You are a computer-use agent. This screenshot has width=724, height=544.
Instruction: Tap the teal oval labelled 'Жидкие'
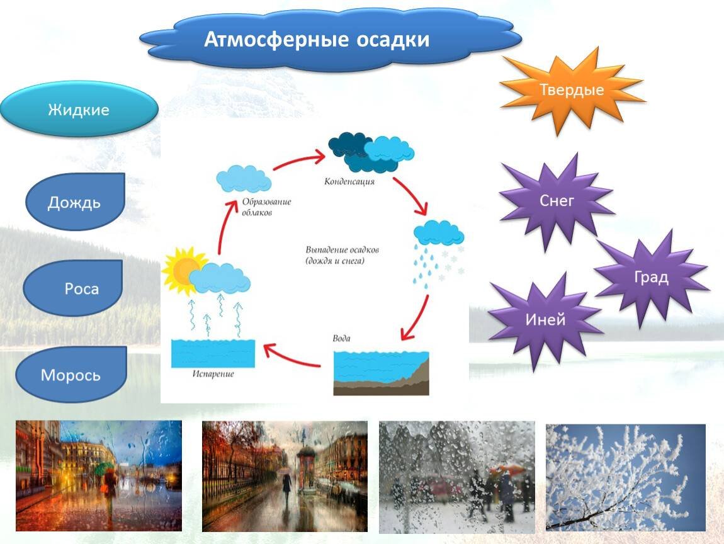(79, 109)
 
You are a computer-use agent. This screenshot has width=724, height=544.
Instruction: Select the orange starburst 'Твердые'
(572, 90)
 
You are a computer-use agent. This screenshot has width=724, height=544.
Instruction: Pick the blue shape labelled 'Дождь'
(75, 202)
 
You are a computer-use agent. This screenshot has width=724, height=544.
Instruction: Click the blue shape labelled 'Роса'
(73, 288)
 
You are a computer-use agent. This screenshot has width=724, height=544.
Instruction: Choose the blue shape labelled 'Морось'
(71, 374)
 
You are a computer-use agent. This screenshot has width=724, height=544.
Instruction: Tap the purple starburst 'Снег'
(557, 201)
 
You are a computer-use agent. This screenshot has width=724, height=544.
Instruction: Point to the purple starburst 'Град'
(651, 278)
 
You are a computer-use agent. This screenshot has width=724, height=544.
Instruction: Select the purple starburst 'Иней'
(545, 320)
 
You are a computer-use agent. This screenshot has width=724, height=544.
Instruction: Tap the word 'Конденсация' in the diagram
(349, 181)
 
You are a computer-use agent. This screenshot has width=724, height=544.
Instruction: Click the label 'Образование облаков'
(266, 207)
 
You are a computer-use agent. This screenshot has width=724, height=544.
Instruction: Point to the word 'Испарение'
(213, 374)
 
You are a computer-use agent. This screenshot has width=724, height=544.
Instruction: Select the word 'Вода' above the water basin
(341, 338)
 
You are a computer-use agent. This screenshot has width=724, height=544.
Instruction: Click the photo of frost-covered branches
(626, 477)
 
